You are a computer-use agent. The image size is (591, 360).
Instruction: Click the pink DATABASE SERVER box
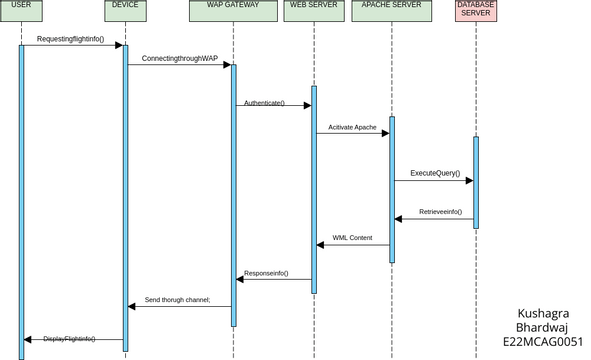point(475,10)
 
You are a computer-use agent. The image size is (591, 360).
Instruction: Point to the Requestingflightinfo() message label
point(70,39)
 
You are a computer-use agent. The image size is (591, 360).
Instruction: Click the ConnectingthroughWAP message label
point(179,59)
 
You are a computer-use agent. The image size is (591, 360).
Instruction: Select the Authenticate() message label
point(264,103)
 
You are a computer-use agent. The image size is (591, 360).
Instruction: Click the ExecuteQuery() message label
point(435,173)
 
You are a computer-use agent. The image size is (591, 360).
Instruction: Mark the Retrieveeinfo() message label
point(440,212)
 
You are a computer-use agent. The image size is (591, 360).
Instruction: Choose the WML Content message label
point(352,238)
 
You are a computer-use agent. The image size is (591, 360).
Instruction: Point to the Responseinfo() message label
point(266,273)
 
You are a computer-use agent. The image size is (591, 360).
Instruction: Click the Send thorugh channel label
point(177,299)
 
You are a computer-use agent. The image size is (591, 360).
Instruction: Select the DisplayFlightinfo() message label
point(69,339)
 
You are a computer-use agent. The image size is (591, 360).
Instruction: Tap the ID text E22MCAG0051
point(543,341)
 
